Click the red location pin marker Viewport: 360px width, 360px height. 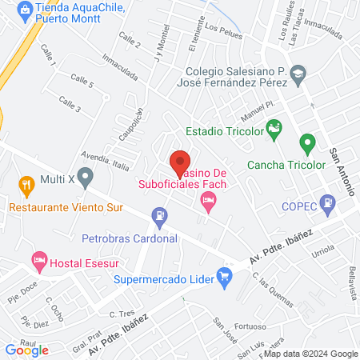coord(180,162)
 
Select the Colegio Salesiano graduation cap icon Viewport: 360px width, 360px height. coord(298,74)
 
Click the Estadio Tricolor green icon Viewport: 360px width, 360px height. coord(274,129)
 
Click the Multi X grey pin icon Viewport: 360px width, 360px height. coord(86,176)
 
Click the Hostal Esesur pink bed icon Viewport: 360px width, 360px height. coord(38,260)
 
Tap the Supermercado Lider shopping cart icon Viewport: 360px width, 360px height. coord(225,278)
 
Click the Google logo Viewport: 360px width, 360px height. coord(27,349)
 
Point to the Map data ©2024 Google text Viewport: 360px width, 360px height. coord(311,354)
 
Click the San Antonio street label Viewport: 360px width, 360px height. coord(336,164)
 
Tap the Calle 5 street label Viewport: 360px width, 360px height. coord(82,81)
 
